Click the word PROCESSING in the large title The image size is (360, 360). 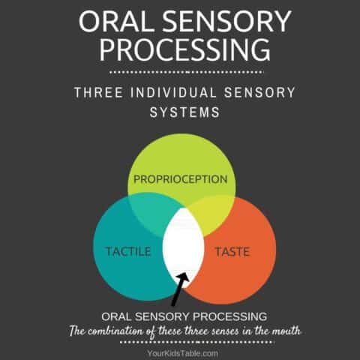pyautogui.click(x=184, y=49)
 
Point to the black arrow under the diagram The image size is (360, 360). pyautogui.click(x=178, y=289)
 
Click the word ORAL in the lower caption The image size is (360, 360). pyautogui.click(x=109, y=316)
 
